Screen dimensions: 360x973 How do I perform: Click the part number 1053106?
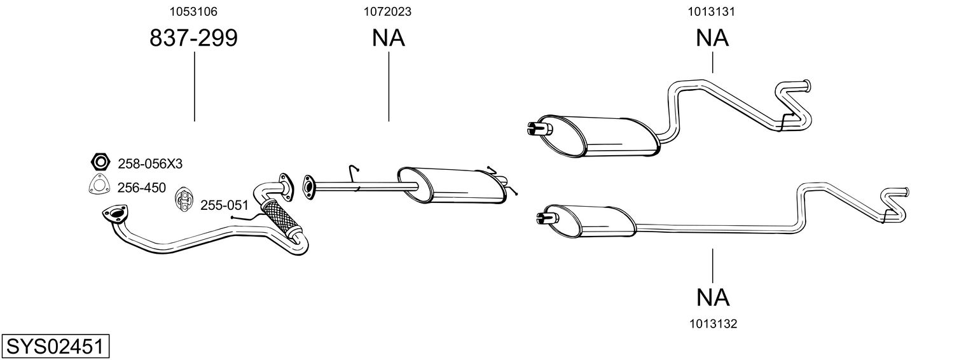(193, 11)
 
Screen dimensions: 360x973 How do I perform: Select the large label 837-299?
(193, 39)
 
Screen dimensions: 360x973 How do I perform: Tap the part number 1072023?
(387, 11)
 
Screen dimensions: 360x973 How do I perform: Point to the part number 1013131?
(712, 11)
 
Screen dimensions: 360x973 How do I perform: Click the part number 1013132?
(712, 324)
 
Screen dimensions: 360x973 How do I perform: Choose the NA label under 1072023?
(388, 39)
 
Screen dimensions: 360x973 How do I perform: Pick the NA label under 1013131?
(712, 39)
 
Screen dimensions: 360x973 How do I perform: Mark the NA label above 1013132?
(712, 297)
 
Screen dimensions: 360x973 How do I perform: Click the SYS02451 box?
(55, 347)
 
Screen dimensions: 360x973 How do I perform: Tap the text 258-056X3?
(150, 164)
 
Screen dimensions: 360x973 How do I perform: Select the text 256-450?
(142, 188)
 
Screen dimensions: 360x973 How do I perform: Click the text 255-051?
(224, 205)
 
